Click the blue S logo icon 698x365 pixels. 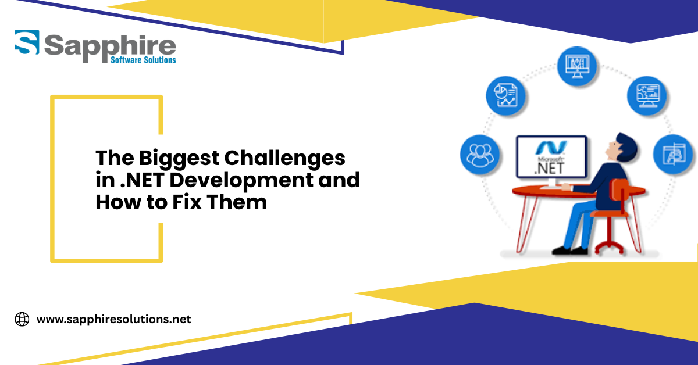click(27, 42)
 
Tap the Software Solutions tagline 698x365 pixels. click(143, 60)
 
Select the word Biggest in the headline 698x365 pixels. click(179, 159)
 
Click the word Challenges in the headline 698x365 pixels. click(284, 159)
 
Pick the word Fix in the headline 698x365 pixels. click(187, 202)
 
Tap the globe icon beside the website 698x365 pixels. click(22, 320)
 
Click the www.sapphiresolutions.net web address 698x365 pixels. click(114, 320)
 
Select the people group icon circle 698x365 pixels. click(480, 155)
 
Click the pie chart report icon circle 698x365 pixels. click(505, 96)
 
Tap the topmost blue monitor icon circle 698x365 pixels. click(577, 66)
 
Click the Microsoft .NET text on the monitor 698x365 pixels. click(551, 166)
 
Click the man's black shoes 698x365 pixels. click(570, 251)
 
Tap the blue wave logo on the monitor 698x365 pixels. click(551, 148)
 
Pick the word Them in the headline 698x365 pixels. click(237, 202)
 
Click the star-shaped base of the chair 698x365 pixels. click(609, 247)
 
